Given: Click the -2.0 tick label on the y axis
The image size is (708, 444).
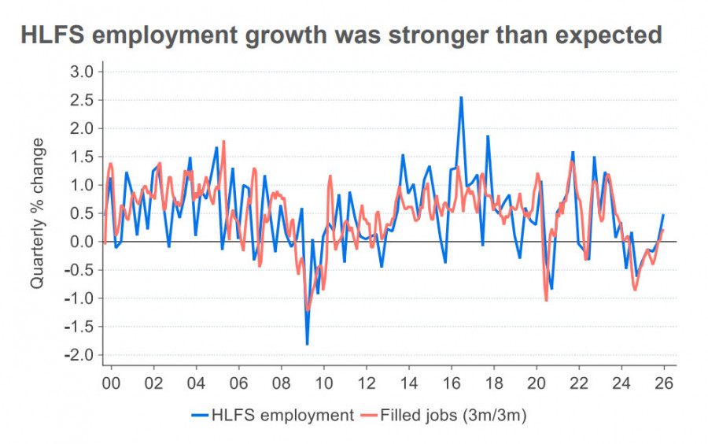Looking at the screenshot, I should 79,355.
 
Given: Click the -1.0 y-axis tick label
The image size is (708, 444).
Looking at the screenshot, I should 79,298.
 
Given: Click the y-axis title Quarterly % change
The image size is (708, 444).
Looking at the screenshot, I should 38,213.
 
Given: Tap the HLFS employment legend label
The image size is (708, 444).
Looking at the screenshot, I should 282,416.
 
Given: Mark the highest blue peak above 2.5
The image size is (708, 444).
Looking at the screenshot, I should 461,98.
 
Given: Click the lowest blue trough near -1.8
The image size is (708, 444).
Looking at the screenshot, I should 307,344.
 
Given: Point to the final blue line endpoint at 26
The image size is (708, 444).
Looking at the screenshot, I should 663,215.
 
